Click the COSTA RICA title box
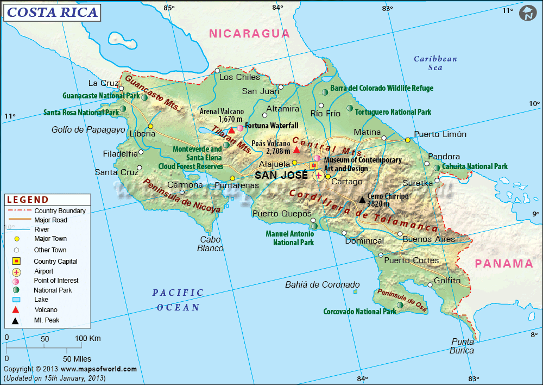pyautogui.click(x=53, y=12)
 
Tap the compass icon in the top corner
pyautogui.click(x=527, y=14)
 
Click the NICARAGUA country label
pyautogui.click(x=250, y=33)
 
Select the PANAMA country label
pyautogui.click(x=504, y=264)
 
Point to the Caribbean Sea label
pyautogui.click(x=435, y=63)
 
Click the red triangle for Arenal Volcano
pyautogui.click(x=232, y=130)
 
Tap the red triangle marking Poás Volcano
pyautogui.click(x=296, y=149)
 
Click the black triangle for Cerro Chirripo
pyautogui.click(x=362, y=200)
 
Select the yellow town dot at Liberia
pyautogui.click(x=150, y=127)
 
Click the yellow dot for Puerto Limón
pyautogui.click(x=408, y=140)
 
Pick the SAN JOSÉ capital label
pyautogui.click(x=281, y=175)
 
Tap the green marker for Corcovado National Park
pyautogui.click(x=400, y=306)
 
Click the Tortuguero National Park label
pyautogui.click(x=393, y=112)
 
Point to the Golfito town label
pyautogui.click(x=447, y=281)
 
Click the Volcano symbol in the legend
pyautogui.click(x=16, y=310)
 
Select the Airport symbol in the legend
pyautogui.click(x=16, y=271)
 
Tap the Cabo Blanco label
pyautogui.click(x=211, y=244)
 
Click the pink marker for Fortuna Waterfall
pyautogui.click(x=240, y=128)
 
